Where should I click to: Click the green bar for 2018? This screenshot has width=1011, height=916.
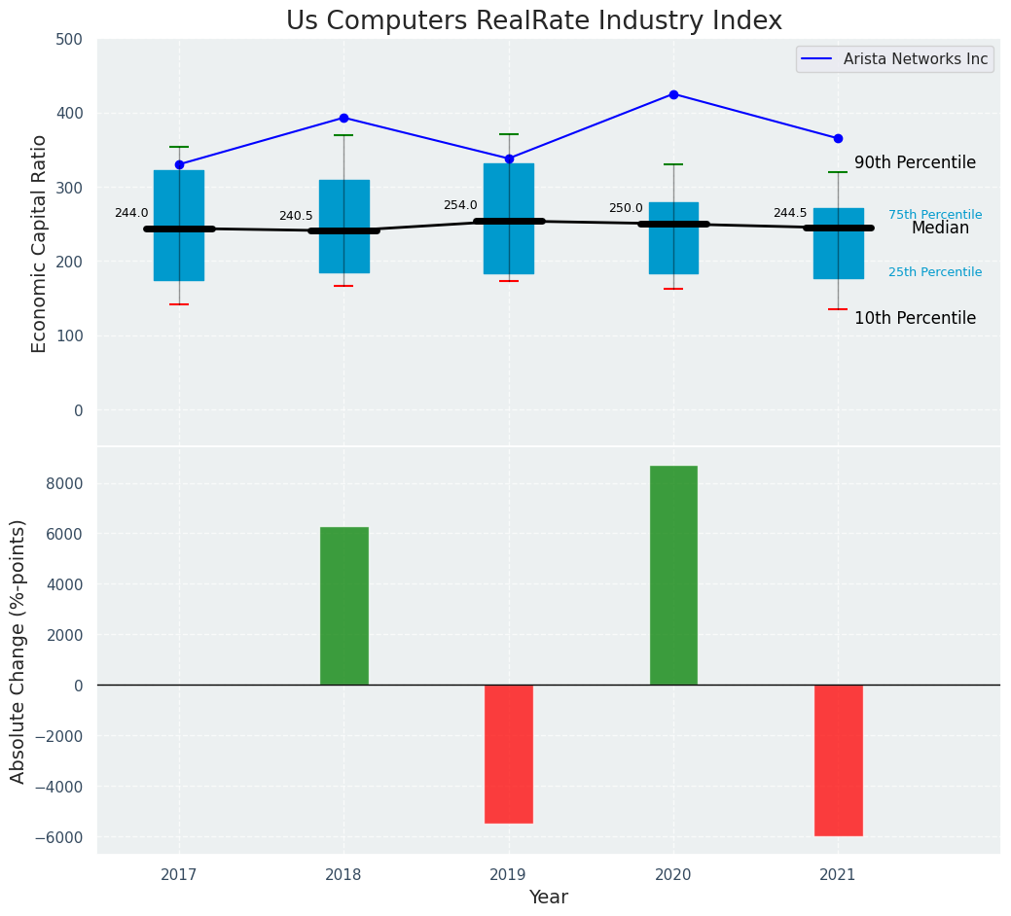[343, 606]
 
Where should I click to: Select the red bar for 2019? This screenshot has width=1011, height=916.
[508, 754]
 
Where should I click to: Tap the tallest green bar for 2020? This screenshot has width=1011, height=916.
[673, 576]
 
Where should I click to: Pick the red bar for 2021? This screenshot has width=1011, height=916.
[838, 760]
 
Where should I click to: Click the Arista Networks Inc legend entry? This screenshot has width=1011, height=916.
[895, 59]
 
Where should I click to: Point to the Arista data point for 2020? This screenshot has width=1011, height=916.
[673, 94]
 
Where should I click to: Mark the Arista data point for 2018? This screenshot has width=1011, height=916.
[343, 118]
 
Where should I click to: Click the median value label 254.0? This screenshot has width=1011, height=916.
[460, 205]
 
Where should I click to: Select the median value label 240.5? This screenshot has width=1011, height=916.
[296, 216]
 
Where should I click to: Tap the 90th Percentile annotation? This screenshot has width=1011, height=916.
[915, 162]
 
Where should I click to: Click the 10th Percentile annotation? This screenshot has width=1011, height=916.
[915, 318]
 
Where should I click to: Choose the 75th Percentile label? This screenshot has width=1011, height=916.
[935, 215]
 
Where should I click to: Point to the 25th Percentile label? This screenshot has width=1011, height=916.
[935, 272]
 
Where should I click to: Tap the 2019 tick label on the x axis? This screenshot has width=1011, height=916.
[508, 875]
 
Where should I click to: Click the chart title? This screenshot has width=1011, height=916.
[533, 21]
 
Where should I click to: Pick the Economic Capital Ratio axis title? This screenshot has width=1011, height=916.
[40, 243]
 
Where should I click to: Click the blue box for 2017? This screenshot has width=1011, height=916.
[179, 226]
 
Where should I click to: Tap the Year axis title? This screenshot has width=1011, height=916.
[548, 898]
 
